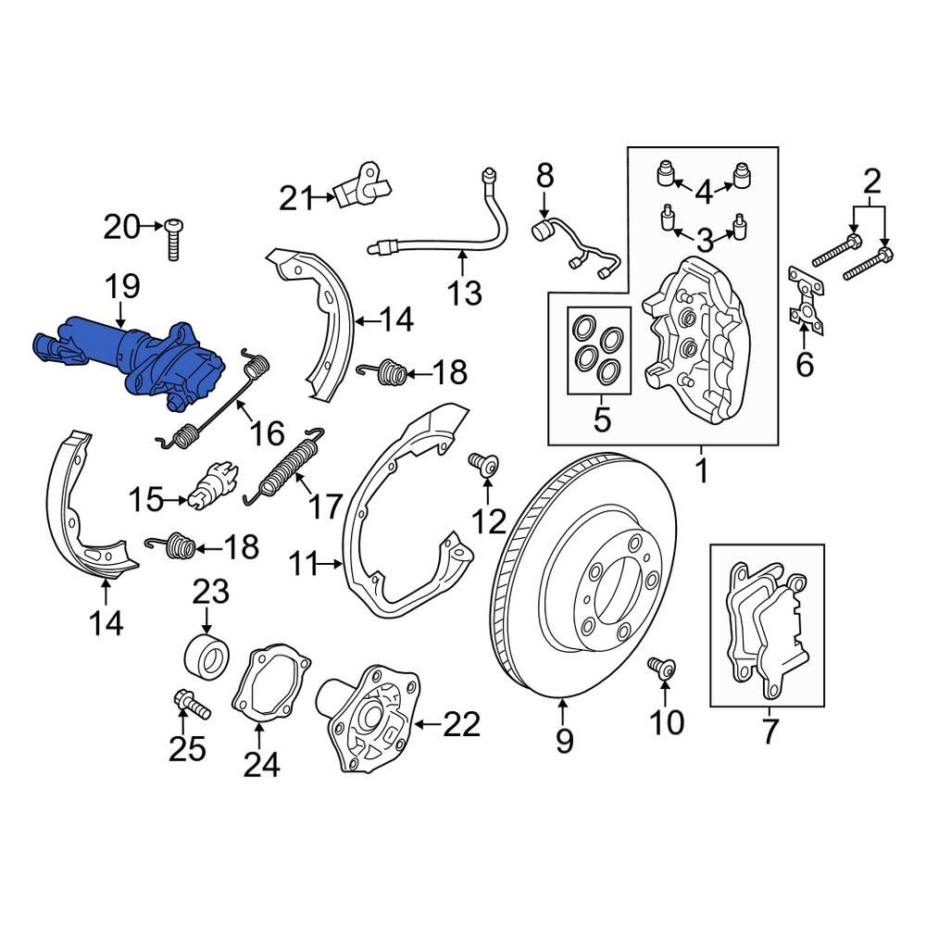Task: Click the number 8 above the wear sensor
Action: [x=544, y=175]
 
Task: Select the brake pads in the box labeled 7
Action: [x=765, y=630]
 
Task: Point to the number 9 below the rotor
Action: [x=564, y=741]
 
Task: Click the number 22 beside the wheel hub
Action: [x=462, y=723]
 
